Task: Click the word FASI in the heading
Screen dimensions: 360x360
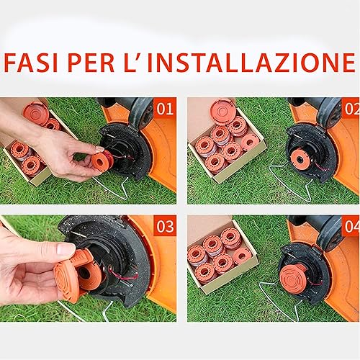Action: (31, 63)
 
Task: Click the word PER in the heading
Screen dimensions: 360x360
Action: (91, 63)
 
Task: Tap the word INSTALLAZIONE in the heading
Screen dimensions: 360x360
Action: (251, 63)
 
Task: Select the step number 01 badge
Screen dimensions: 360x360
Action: (165, 108)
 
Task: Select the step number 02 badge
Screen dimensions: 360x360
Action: (351, 108)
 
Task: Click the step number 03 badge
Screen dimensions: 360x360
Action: (165, 226)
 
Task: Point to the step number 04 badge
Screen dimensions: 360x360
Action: (351, 226)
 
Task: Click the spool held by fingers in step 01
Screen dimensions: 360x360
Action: (102, 161)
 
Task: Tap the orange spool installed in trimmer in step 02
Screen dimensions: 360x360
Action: (300, 158)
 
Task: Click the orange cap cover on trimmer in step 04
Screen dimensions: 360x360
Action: (293, 279)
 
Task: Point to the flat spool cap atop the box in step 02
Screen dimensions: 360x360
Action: (223, 112)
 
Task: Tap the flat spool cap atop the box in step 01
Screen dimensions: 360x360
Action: (36, 113)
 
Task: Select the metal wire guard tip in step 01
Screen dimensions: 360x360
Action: (125, 198)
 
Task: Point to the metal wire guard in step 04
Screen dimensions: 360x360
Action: (279, 302)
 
